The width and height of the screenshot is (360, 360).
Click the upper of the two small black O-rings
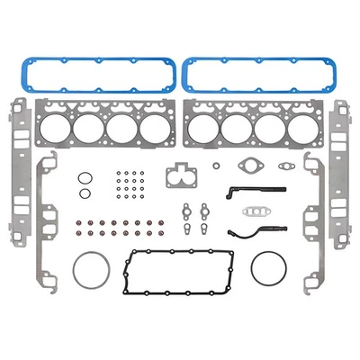[x=84, y=177]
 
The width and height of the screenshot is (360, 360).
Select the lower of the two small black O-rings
[x=84, y=193]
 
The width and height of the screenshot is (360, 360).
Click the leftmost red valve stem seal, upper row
[x=66, y=225]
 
